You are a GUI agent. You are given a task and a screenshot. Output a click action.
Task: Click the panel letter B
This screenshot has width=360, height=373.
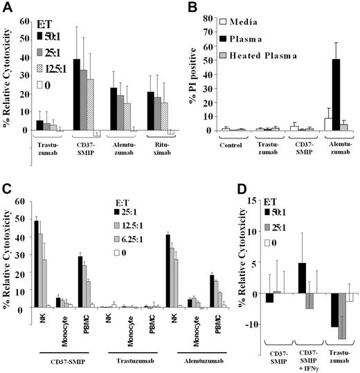[190, 8]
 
